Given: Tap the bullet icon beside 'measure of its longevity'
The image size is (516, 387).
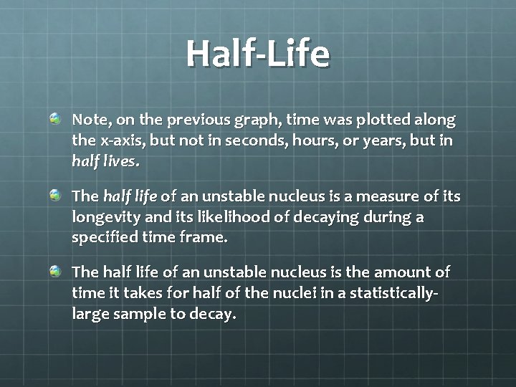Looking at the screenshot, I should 56,195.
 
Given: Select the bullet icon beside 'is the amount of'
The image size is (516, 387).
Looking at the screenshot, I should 56,272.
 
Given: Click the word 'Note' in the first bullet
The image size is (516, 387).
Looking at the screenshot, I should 90,120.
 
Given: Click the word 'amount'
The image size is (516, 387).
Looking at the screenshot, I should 399,273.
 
